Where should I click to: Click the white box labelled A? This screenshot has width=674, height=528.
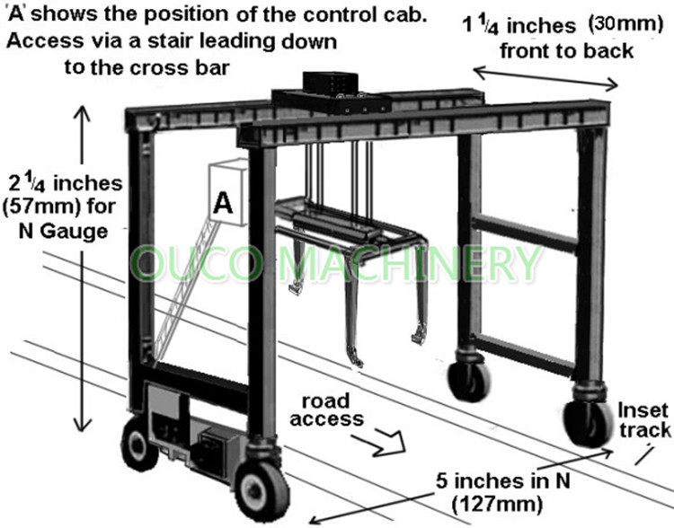point(228,192)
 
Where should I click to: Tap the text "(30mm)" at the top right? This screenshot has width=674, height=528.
point(625,22)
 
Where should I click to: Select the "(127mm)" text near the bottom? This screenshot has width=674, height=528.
point(497,504)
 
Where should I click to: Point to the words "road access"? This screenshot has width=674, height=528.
point(326,409)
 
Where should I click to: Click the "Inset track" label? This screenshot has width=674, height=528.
point(643,420)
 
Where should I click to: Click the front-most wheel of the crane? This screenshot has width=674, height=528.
point(262,489)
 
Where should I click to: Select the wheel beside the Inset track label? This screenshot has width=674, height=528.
point(588,423)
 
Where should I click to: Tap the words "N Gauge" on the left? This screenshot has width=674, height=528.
point(63,232)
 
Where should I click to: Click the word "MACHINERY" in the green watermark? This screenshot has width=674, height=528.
point(408,262)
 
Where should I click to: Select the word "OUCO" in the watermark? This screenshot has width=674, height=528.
point(197,263)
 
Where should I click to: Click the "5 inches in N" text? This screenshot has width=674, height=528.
point(503,480)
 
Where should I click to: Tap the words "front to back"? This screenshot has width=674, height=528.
point(566,51)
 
